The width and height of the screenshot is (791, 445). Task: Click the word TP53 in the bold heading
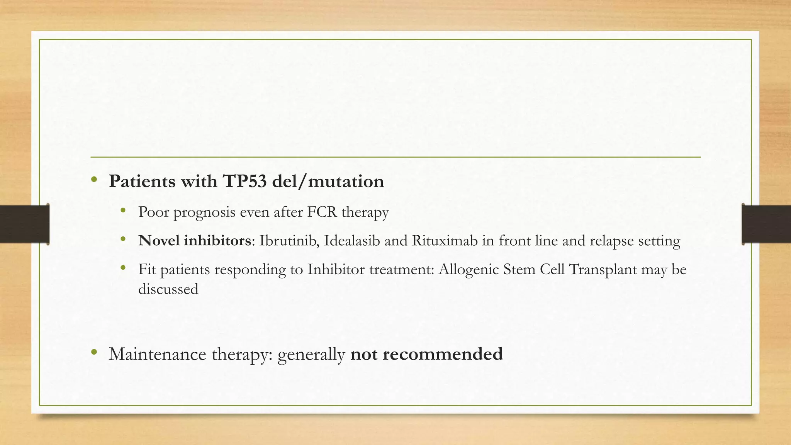click(x=245, y=181)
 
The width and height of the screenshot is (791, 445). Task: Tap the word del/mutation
click(x=328, y=181)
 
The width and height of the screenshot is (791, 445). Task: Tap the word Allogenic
click(x=469, y=269)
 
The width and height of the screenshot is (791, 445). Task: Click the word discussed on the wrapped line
click(x=168, y=289)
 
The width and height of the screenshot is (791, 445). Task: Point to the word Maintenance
click(x=158, y=354)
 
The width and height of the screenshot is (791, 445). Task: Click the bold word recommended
click(x=443, y=354)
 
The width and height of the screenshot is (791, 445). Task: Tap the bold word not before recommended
click(x=364, y=354)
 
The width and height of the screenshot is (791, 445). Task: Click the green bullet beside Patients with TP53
click(x=94, y=180)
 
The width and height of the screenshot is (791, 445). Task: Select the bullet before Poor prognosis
click(x=123, y=211)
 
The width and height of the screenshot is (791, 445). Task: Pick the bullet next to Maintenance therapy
click(x=94, y=352)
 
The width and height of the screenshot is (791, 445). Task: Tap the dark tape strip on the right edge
click(x=766, y=224)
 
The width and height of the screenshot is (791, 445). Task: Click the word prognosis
click(x=204, y=212)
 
